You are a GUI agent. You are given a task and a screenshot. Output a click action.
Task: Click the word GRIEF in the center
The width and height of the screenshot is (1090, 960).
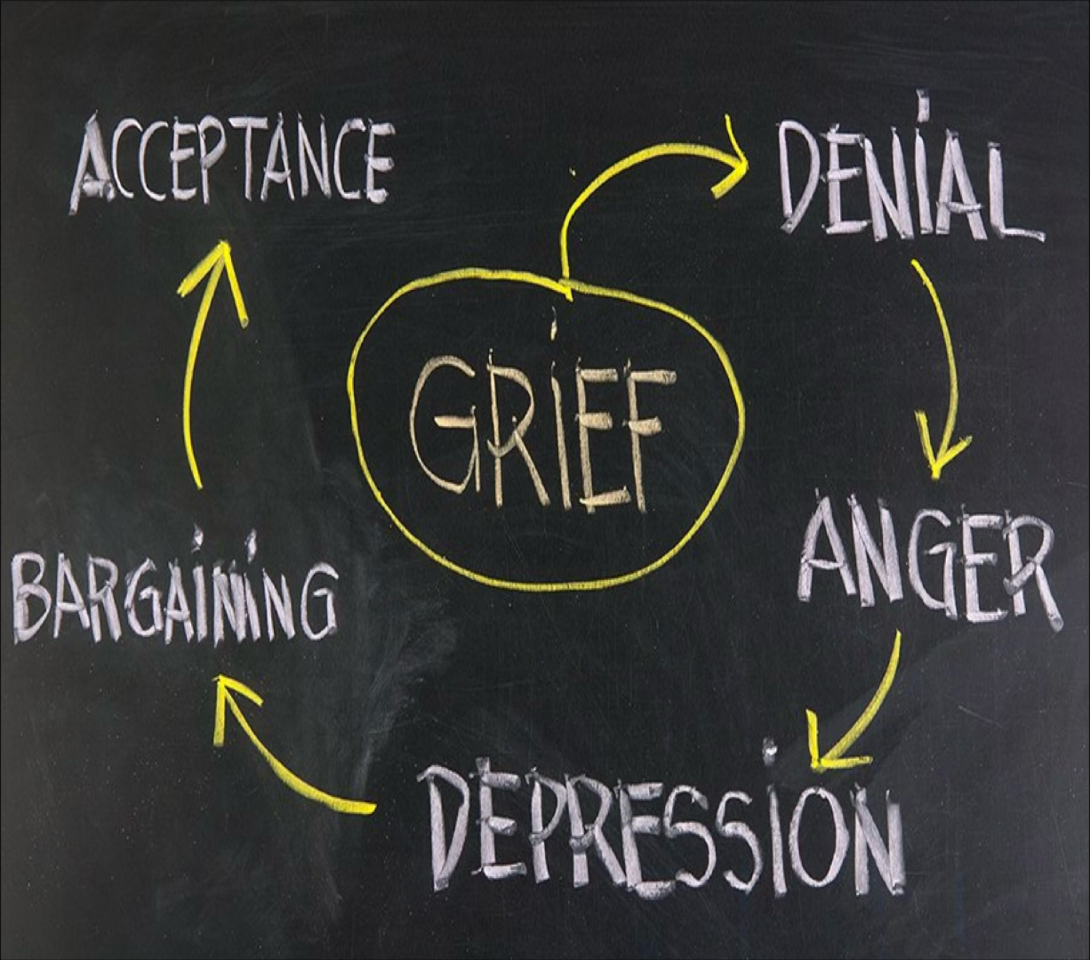[538, 429]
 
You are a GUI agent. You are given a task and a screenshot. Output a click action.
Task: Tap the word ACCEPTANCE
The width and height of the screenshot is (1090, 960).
[233, 164]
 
